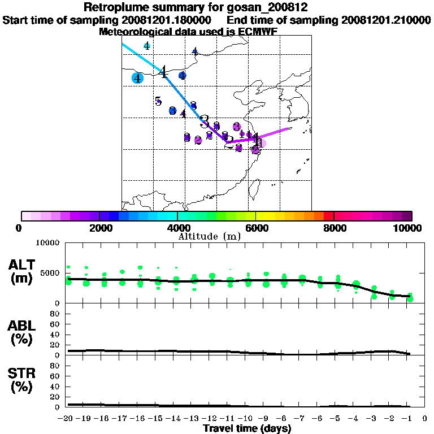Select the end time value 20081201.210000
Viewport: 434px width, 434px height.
tap(386, 20)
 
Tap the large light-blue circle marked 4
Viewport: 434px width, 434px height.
tap(137, 78)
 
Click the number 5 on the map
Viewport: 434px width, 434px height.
tap(158, 102)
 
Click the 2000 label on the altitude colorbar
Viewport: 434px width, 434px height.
tap(99, 228)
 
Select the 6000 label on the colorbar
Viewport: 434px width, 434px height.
tap(255, 228)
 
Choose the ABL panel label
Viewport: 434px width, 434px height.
tap(23, 325)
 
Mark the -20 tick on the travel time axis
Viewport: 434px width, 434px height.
tap(66, 419)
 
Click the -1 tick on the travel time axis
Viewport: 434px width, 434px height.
tap(409, 419)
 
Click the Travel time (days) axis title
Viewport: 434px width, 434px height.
tap(247, 429)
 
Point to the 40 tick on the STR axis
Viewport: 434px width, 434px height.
tap(56, 387)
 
